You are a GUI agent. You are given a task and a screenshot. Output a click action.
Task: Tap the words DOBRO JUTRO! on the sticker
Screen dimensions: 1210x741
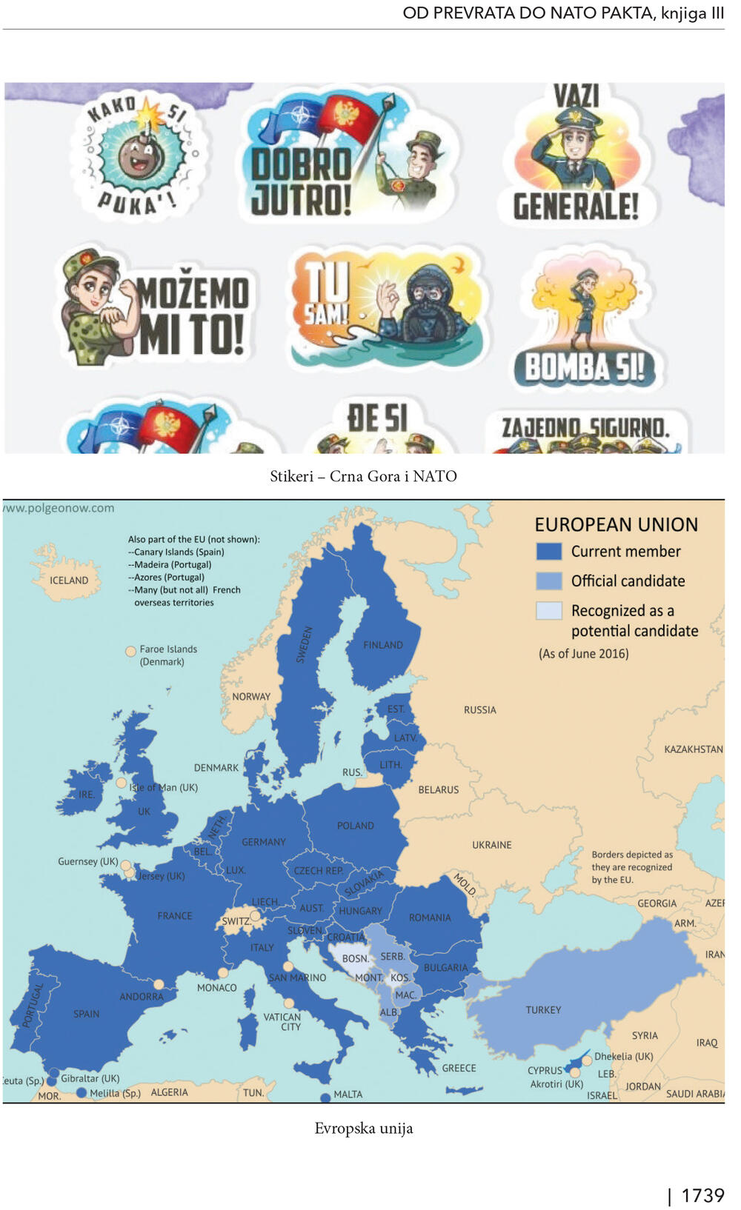pyautogui.click(x=300, y=182)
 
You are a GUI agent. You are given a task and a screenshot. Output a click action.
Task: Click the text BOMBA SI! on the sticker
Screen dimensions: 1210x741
pyautogui.click(x=585, y=367)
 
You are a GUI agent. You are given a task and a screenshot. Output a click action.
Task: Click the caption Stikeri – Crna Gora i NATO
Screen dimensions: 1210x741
pyautogui.click(x=363, y=476)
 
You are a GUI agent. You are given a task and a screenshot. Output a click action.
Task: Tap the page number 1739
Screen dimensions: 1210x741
pyautogui.click(x=702, y=1195)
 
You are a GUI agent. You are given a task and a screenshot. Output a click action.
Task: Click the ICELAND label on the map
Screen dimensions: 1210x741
pyautogui.click(x=69, y=581)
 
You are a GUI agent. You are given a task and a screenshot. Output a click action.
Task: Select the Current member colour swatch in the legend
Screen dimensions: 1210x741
pyautogui.click(x=548, y=552)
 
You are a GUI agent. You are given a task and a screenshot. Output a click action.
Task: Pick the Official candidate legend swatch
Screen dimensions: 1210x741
pyautogui.click(x=548, y=581)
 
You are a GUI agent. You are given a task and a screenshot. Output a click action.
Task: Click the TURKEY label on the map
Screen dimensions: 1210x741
pyautogui.click(x=543, y=1010)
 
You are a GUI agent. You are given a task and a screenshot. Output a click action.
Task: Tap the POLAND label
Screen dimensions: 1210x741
pyautogui.click(x=356, y=826)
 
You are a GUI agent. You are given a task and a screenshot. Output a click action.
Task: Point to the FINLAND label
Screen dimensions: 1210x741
pyautogui.click(x=383, y=645)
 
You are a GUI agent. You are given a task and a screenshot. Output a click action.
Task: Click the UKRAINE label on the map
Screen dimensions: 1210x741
pyautogui.click(x=492, y=845)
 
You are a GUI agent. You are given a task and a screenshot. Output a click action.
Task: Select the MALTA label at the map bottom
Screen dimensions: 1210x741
pyautogui.click(x=348, y=1094)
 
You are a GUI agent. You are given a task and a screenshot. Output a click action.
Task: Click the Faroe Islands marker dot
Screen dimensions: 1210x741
pyautogui.click(x=130, y=651)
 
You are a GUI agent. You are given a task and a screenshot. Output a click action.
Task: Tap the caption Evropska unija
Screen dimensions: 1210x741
pyautogui.click(x=363, y=1129)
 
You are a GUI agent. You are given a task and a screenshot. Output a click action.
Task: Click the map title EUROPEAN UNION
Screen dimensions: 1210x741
pyautogui.click(x=616, y=525)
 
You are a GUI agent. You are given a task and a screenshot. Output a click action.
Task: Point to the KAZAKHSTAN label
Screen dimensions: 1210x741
pyautogui.click(x=693, y=749)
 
